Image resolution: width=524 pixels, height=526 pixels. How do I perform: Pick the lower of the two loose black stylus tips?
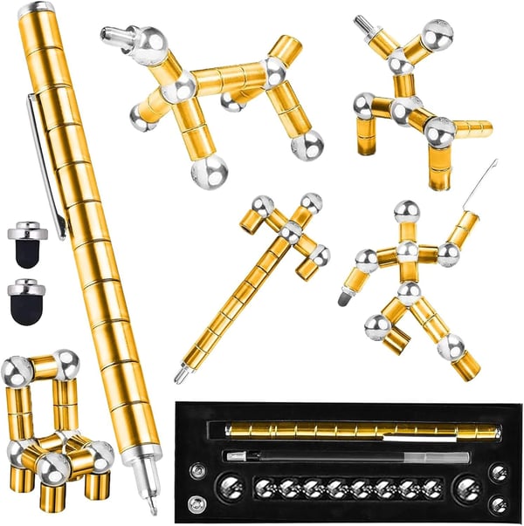coord(28,301)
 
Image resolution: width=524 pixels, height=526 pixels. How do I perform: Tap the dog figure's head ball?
coord(149,41)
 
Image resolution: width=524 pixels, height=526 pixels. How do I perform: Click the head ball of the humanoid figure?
coord(406,212)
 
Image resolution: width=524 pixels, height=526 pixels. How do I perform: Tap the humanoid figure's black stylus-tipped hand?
coord(346,298)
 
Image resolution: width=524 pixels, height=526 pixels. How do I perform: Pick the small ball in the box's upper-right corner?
coord(498,472)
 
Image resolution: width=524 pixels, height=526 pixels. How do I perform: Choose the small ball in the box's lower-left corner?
coord(198,503)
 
